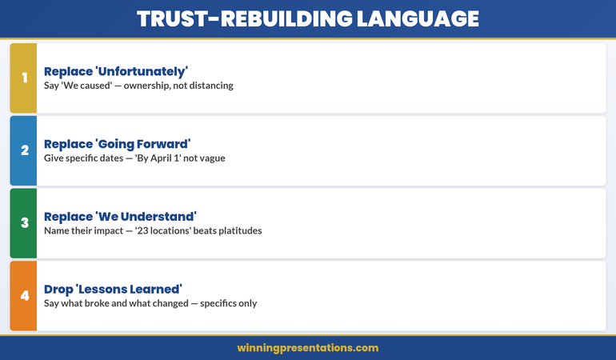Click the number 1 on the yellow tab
point(24,78)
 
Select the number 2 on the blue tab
point(24,150)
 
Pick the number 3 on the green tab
point(24,223)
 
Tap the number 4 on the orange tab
point(24,296)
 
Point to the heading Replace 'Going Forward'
point(117,144)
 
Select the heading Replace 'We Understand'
point(120,217)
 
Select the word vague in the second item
point(210,158)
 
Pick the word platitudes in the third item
point(236,231)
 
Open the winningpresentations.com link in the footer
point(308,348)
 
